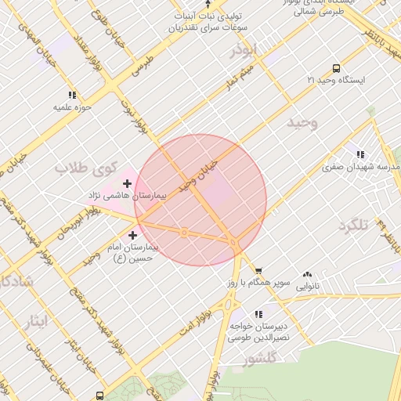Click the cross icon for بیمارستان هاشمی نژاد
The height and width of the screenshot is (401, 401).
pyautogui.click(x=128, y=183)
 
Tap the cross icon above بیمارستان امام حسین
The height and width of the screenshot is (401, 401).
pyautogui.click(x=132, y=235)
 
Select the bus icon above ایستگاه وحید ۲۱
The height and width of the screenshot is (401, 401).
pyautogui.click(x=336, y=68)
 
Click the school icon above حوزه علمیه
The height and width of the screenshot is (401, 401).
pyautogui.click(x=73, y=95)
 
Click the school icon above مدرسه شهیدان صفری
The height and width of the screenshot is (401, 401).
pyautogui.click(x=360, y=155)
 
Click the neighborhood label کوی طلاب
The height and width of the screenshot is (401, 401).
pyautogui.click(x=85, y=167)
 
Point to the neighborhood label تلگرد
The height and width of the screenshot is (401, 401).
pyautogui.click(x=352, y=226)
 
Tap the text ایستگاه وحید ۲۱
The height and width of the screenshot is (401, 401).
pyautogui.click(x=336, y=81)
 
